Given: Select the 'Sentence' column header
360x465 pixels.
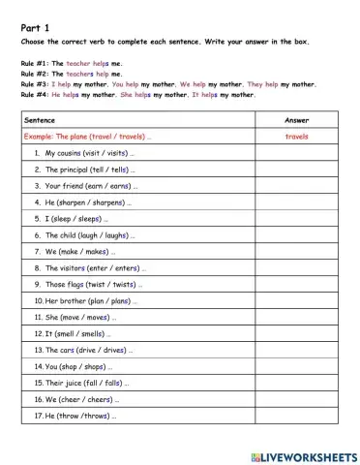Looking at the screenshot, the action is [40, 120].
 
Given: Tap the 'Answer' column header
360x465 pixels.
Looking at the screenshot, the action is [297, 120].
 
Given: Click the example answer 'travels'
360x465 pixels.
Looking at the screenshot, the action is [297, 137].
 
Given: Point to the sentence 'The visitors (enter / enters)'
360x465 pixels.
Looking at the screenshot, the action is [88, 268].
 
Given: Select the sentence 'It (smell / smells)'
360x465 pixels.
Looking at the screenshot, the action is [72, 333].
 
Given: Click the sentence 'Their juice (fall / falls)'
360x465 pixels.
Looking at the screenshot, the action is [82, 383].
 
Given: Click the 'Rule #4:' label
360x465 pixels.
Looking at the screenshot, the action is [34, 95].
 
